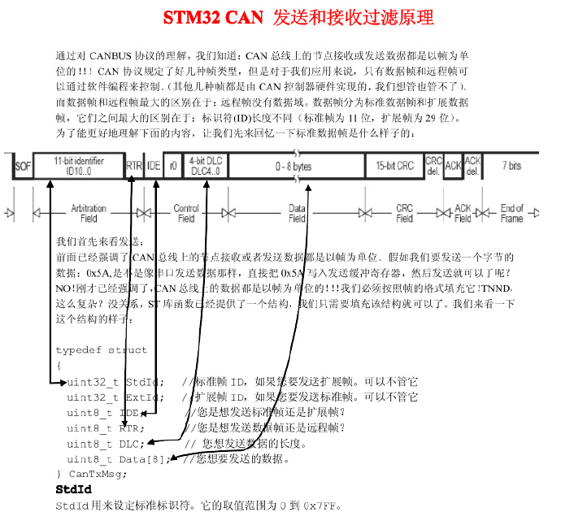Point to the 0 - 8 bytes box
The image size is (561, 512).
[294, 166]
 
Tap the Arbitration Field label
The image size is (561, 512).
[89, 214]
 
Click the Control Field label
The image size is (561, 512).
[186, 214]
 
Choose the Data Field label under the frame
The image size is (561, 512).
[297, 214]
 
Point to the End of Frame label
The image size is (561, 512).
[512, 214]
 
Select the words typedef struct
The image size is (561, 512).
[102, 350]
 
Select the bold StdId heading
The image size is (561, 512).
[73, 490]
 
